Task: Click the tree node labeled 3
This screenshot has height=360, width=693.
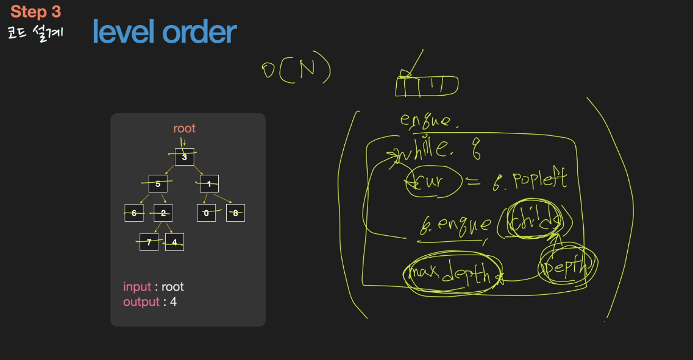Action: tap(185, 157)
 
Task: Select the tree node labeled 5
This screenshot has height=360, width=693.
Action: tap(158, 183)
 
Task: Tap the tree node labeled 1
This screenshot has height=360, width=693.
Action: tap(208, 183)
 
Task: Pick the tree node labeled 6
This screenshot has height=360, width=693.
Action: tap(134, 213)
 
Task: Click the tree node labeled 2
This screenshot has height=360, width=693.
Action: tap(163, 213)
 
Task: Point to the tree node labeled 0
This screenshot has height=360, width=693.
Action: tap(207, 213)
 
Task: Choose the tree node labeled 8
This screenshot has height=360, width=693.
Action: tap(235, 213)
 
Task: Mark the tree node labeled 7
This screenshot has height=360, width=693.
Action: tap(149, 242)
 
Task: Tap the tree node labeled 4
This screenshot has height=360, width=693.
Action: tap(174, 242)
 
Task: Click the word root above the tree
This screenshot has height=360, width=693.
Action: tap(184, 129)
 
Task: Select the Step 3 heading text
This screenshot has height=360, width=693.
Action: tap(36, 12)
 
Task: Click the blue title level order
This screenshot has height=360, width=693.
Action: tap(164, 32)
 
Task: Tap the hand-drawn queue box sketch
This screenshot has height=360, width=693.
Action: tap(427, 86)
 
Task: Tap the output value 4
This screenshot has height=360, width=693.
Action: tap(173, 302)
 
